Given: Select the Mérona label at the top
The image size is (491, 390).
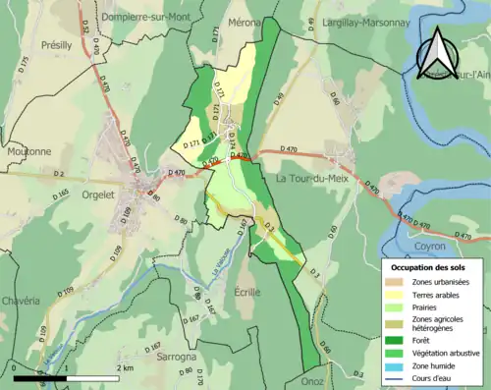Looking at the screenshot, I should tap(243, 22).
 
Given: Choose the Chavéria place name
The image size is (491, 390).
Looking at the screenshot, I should tap(21, 300).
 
